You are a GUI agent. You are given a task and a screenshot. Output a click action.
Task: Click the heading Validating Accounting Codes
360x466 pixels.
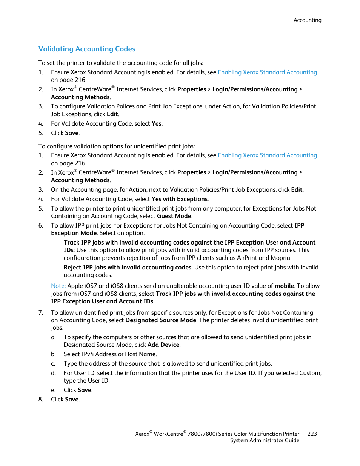[x=87, y=49]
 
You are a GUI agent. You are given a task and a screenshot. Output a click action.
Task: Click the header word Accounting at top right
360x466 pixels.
[x=307, y=20]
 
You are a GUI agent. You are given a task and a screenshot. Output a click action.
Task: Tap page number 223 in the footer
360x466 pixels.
[x=312, y=434]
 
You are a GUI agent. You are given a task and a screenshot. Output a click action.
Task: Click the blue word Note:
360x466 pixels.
[x=58, y=286]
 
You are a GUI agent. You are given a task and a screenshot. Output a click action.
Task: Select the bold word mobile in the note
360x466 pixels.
[x=284, y=286]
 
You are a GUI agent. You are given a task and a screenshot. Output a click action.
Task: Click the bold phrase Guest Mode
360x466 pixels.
[x=174, y=216]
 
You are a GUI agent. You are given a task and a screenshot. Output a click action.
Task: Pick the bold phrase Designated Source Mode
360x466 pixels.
[x=161, y=320]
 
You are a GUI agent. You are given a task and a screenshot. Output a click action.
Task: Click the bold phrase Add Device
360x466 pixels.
[x=163, y=345]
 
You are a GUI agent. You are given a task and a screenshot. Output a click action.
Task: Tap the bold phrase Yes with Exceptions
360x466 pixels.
[x=179, y=199]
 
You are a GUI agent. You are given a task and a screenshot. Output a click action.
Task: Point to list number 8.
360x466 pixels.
[x=41, y=400]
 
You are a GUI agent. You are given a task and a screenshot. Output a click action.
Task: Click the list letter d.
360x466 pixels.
[x=53, y=373]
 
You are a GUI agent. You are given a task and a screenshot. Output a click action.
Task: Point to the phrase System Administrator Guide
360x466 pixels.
[x=265, y=440]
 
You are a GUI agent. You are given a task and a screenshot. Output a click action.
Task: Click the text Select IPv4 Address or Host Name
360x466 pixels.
[x=110, y=354]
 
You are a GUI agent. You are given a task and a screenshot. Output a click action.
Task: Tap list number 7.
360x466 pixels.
[x=41, y=313]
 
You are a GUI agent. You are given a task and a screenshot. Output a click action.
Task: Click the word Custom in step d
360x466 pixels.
[x=309, y=373]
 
